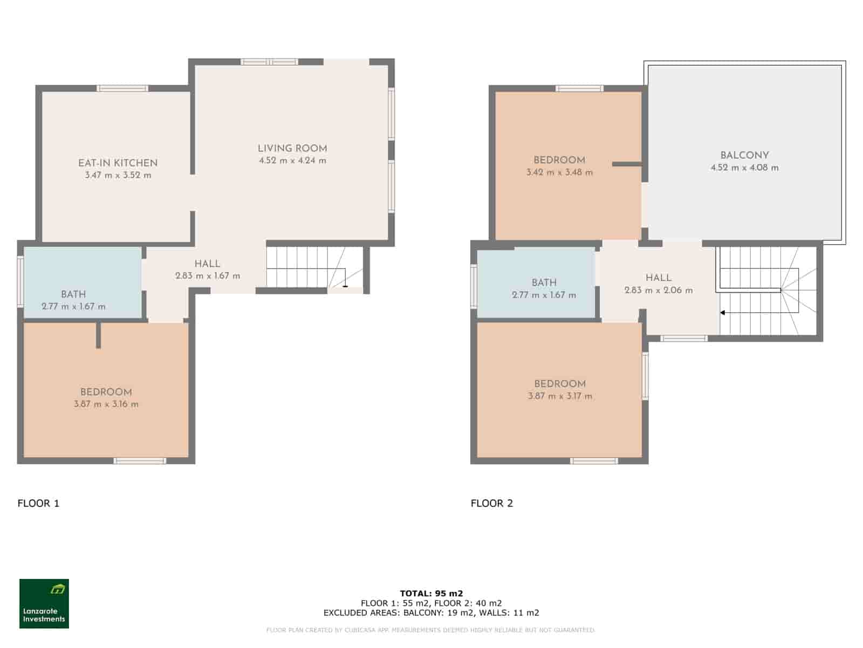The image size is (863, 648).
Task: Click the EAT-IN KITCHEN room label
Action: pos(118,163)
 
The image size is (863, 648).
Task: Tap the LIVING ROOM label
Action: pos(292,148)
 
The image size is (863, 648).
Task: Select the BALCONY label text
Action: pos(744,156)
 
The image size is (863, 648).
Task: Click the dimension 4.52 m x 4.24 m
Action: pos(292,160)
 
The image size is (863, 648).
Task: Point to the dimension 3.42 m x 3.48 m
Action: pos(559,173)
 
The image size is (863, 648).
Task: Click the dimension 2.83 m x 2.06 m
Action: pos(659,291)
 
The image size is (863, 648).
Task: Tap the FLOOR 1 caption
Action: pos(38,503)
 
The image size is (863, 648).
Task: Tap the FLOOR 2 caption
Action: pos(492,503)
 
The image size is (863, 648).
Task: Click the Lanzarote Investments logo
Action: pos(44,604)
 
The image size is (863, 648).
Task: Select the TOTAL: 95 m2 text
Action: pos(432,593)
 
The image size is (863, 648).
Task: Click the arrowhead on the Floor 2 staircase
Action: pos(722,313)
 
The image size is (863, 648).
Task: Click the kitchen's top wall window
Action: pos(122,89)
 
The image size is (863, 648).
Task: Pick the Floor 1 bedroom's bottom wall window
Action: pos(140,461)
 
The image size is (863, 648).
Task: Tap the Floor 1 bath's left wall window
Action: pos(20,281)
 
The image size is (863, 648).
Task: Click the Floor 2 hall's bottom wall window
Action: pos(684,339)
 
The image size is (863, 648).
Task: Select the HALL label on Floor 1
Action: pos(207,264)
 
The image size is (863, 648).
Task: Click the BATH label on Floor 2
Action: pos(544,282)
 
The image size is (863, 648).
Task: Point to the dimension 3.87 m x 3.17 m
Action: pos(560,396)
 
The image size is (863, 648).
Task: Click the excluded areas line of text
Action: pos(432,613)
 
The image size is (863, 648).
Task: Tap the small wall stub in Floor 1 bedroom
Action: pos(98,335)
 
